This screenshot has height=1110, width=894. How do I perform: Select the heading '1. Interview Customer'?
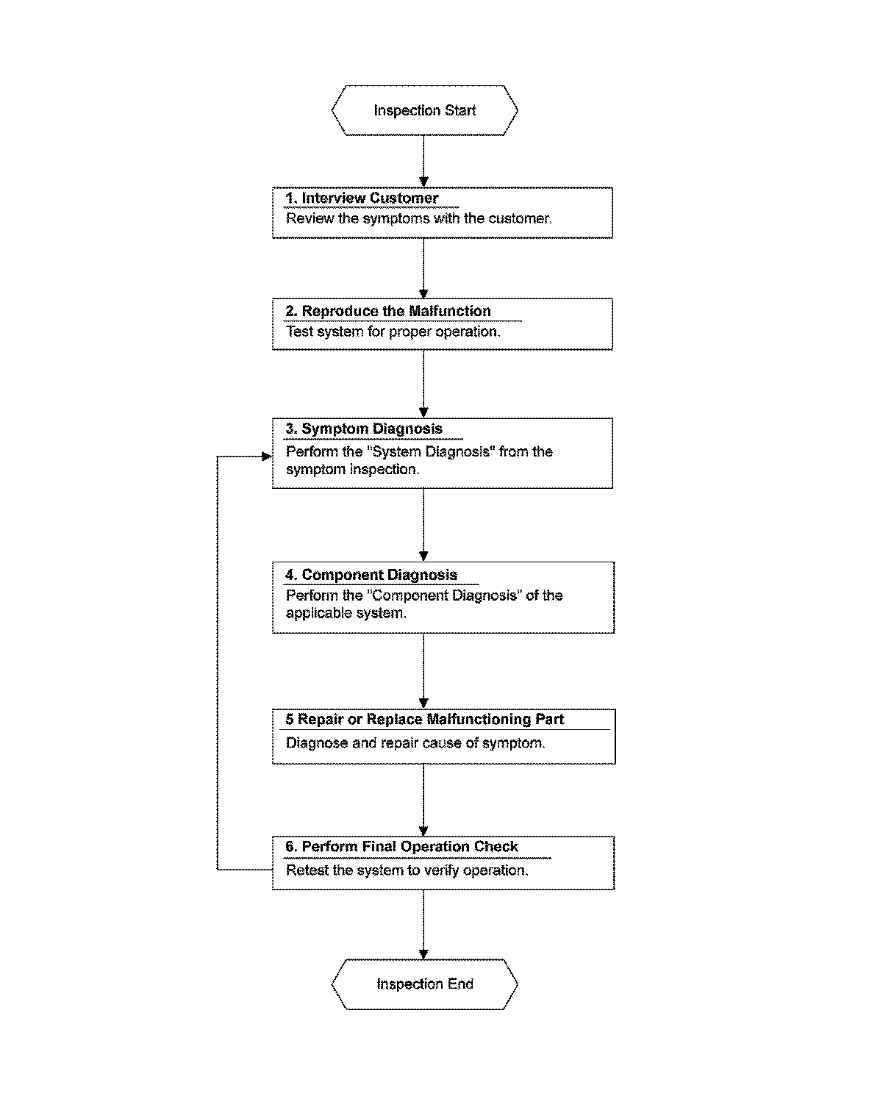click(362, 198)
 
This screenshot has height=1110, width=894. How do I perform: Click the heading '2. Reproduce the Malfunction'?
click(388, 311)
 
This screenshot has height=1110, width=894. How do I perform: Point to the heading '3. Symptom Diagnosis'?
click(364, 429)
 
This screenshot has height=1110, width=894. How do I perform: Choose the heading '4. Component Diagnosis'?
click(371, 575)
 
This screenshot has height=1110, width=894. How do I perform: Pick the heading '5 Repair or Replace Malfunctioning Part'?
click(424, 719)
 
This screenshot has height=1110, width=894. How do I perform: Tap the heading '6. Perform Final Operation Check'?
click(401, 846)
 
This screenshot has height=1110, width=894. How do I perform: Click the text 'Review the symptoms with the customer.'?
click(419, 219)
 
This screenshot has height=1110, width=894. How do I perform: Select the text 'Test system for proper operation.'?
click(393, 332)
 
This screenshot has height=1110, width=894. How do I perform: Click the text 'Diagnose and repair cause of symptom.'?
click(415, 743)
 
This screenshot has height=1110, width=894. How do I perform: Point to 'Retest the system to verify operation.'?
click(407, 870)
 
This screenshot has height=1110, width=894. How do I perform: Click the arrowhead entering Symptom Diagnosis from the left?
click(267, 456)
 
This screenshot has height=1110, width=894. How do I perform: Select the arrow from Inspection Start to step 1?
click(423, 161)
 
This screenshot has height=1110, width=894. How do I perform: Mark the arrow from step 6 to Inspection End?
click(423, 924)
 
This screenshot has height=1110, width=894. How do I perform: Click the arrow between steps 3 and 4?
click(423, 525)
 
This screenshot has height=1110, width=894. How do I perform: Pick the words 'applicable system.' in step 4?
click(346, 613)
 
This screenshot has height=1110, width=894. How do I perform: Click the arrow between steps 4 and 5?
click(423, 671)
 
